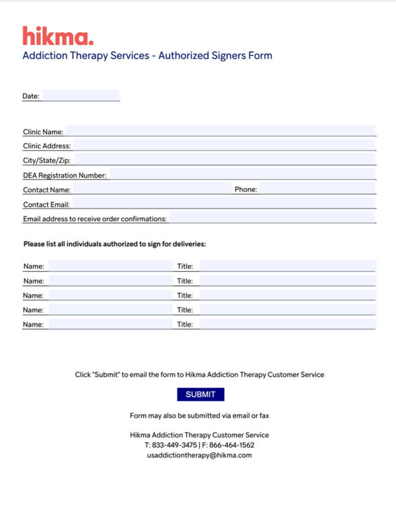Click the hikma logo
tap(58, 36)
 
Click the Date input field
tap(81, 96)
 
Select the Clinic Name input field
tap(220, 131)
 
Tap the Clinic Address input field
tap(224, 145)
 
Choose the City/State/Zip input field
tap(225, 160)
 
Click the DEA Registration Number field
tap(242, 175)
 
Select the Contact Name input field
tap(150, 189)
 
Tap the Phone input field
tap(317, 189)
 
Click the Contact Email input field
tap(223, 204)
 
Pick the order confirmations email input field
tap(272, 218)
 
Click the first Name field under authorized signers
tap(110, 266)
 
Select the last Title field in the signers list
tap(287, 324)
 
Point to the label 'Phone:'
tap(246, 189)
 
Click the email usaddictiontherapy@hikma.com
tap(199, 455)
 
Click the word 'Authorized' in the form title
tap(185, 55)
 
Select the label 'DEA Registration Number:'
tap(65, 176)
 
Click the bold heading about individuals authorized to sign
tap(115, 244)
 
